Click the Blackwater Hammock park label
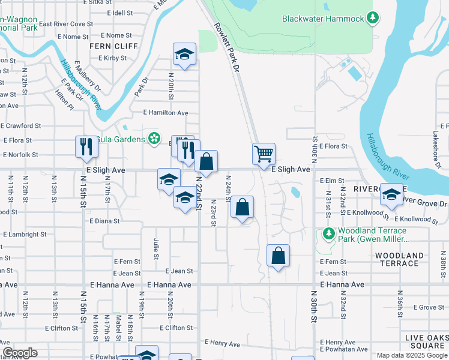323,19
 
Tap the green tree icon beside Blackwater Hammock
373,18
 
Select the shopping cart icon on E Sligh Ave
264,154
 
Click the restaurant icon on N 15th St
86,146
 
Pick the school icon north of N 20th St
185,54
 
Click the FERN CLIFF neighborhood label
113,46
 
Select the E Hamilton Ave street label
166,113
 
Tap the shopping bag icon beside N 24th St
241,208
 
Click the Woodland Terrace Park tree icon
328,233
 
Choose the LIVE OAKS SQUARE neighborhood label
424,341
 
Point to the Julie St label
156,247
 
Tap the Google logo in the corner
20,353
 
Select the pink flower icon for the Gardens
155,139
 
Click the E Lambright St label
25,235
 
